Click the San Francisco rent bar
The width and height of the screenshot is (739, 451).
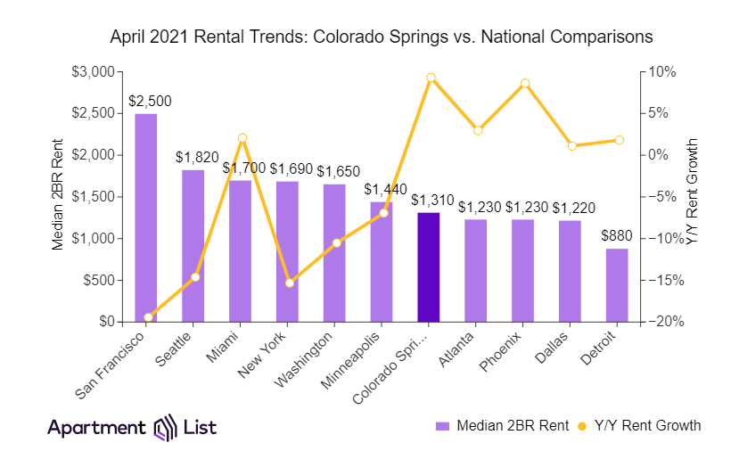(x=146, y=217)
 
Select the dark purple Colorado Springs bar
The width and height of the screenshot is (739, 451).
(x=429, y=267)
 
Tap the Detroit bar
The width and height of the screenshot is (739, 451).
(x=617, y=285)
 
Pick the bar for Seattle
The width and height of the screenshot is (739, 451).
(x=193, y=245)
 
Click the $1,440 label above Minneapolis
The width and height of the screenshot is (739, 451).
(x=382, y=189)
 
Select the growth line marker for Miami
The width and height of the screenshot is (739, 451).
(x=242, y=138)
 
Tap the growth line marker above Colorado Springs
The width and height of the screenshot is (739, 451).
(x=431, y=78)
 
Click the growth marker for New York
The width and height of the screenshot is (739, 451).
(x=289, y=283)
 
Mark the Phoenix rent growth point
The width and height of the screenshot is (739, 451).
(x=525, y=84)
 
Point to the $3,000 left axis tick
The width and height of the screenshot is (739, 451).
(x=92, y=71)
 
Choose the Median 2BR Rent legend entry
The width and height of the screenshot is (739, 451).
(x=504, y=425)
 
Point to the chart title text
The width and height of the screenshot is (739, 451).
(x=381, y=37)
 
